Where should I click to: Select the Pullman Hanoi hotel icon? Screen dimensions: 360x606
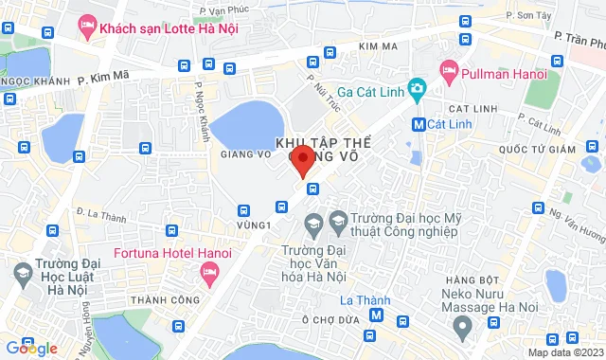point(449,71)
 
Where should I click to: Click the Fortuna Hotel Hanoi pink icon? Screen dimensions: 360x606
point(209,274)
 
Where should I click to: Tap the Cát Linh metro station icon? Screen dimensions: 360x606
point(419,123)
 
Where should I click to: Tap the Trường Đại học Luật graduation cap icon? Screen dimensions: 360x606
point(22,273)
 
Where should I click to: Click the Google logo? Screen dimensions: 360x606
point(31,348)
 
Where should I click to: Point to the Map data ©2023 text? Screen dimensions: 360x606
point(564,352)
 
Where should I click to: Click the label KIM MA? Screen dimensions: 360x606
point(377,45)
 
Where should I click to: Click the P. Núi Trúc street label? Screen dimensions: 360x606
point(316,92)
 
